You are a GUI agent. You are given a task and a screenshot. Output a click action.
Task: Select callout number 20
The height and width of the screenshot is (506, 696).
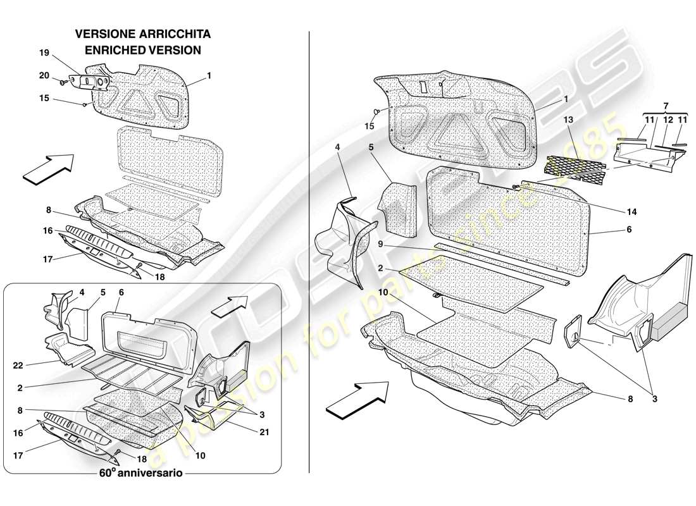point(44,76)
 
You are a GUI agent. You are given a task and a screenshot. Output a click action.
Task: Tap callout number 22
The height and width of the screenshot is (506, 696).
point(18,365)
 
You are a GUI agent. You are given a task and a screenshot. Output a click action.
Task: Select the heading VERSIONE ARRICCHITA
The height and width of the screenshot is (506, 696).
point(143,34)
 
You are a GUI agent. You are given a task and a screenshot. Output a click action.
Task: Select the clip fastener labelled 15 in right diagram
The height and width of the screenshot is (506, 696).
point(377,113)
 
